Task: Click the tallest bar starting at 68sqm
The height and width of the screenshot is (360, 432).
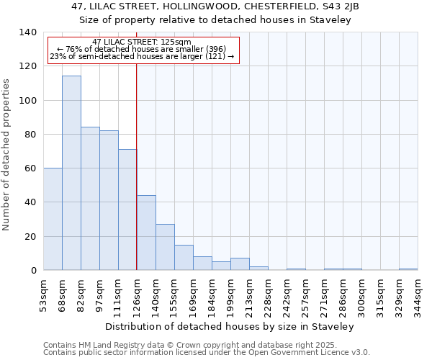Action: pos(71,173)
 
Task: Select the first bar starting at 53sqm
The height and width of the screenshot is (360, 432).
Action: pos(53,219)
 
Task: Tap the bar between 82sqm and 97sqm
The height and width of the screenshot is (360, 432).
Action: pos(90,199)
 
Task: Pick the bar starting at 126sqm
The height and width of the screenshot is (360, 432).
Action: pos(146,233)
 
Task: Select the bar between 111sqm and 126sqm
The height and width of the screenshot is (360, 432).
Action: pos(127,210)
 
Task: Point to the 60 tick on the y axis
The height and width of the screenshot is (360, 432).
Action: pos(30,168)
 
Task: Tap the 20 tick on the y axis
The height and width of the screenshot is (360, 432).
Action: pos(30,236)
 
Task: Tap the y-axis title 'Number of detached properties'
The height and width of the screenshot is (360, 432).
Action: pos(7,155)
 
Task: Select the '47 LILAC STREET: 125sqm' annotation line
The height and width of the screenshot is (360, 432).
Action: pos(142,42)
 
